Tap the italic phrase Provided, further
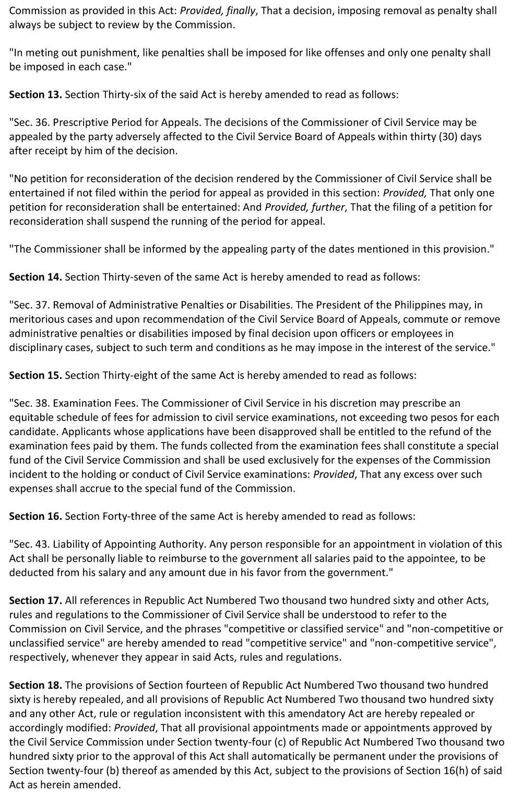305,207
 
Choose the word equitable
31,417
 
